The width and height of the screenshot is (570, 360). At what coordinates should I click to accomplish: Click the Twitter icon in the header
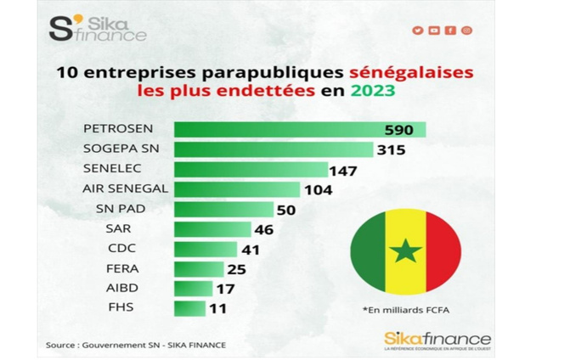pyautogui.click(x=418, y=31)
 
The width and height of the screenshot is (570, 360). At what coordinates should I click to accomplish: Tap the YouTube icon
pyautogui.click(x=434, y=31)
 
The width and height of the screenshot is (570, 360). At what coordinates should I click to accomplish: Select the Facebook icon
pyautogui.click(x=450, y=31)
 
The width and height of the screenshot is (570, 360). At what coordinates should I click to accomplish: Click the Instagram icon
pyautogui.click(x=466, y=31)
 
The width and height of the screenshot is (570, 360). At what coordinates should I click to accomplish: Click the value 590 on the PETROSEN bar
pyautogui.click(x=398, y=130)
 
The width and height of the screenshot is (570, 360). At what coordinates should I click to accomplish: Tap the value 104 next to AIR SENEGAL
pyautogui.click(x=318, y=190)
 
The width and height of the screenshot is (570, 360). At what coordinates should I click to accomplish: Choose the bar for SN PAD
pyautogui.click(x=223, y=210)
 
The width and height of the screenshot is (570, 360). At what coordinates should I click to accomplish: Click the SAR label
pyautogui.click(x=94, y=228)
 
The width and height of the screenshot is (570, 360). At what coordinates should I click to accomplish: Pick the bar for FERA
pyautogui.click(x=198, y=269)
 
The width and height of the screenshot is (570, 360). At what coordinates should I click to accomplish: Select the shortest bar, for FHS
pyautogui.click(x=189, y=307)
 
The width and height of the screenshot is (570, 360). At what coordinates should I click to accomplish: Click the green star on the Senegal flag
pyautogui.click(x=405, y=251)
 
